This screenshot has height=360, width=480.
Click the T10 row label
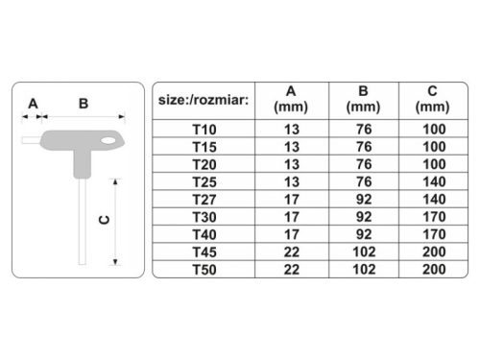(204, 128)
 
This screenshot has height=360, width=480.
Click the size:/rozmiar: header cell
(204, 99)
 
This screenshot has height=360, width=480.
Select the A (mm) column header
(291, 99)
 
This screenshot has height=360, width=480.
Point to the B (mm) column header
(363, 99)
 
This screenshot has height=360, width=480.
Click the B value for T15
(363, 145)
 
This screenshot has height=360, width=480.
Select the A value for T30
(291, 215)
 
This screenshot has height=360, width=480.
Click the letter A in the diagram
(32, 103)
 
